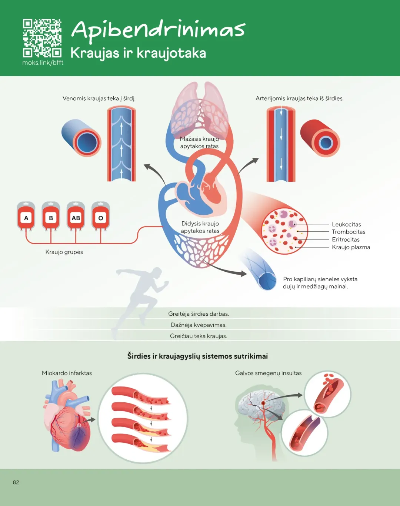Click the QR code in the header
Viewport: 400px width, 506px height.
(42, 38)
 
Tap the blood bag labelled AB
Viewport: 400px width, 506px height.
(76, 217)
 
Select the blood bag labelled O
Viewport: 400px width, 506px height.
(100, 217)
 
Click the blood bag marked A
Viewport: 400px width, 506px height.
(26, 217)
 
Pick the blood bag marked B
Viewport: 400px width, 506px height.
(51, 217)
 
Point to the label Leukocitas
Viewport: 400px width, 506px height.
(346, 224)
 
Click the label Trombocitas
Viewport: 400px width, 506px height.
(349, 232)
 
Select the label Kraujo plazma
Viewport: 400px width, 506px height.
(351, 247)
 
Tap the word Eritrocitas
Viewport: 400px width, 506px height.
(346, 239)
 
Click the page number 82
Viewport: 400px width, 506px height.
(16, 482)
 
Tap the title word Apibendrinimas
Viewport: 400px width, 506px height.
(158, 30)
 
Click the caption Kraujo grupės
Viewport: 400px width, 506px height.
(64, 252)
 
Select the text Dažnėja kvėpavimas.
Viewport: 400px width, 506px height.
(199, 325)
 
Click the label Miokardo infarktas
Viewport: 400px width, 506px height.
(67, 373)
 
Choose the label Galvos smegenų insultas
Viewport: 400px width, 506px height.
(268, 373)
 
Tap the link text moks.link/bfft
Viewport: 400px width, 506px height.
(43, 63)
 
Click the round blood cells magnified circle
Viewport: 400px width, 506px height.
(284, 231)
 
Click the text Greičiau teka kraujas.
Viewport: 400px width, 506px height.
(199, 336)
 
